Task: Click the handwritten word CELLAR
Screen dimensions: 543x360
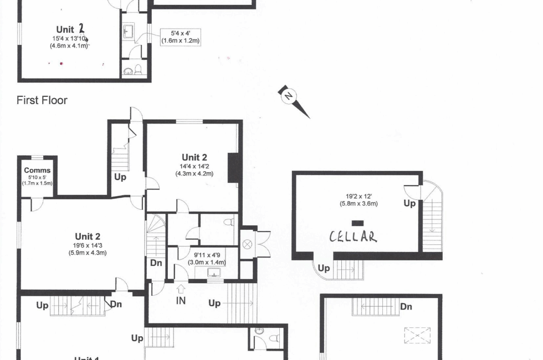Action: coord(353,237)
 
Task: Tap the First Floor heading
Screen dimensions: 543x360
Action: coord(42,100)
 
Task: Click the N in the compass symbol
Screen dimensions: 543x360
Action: coord(289,96)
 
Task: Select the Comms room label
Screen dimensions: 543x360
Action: coord(38,171)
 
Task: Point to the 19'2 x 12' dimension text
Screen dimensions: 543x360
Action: coord(359,196)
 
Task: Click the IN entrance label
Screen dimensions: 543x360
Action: coord(181,301)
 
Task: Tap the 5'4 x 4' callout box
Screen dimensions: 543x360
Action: coord(181,37)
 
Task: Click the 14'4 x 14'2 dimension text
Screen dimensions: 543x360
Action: coord(194,167)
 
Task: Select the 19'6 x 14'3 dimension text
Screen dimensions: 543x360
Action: coord(88,245)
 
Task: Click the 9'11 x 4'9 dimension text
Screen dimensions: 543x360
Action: coord(206,255)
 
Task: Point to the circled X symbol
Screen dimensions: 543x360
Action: coord(247,244)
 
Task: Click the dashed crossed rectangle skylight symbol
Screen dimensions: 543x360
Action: coord(417,336)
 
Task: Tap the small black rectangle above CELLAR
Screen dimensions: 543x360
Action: coord(357,223)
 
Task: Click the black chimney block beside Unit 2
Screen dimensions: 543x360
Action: coord(234,167)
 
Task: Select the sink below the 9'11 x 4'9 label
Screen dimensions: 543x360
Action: coord(214,272)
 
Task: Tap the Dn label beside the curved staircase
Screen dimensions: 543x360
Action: coord(156,263)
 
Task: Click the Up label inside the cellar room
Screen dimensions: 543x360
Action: coord(409,204)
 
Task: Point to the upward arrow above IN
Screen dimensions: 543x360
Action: coord(181,289)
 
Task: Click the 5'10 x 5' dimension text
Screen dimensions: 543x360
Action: coord(38,178)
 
